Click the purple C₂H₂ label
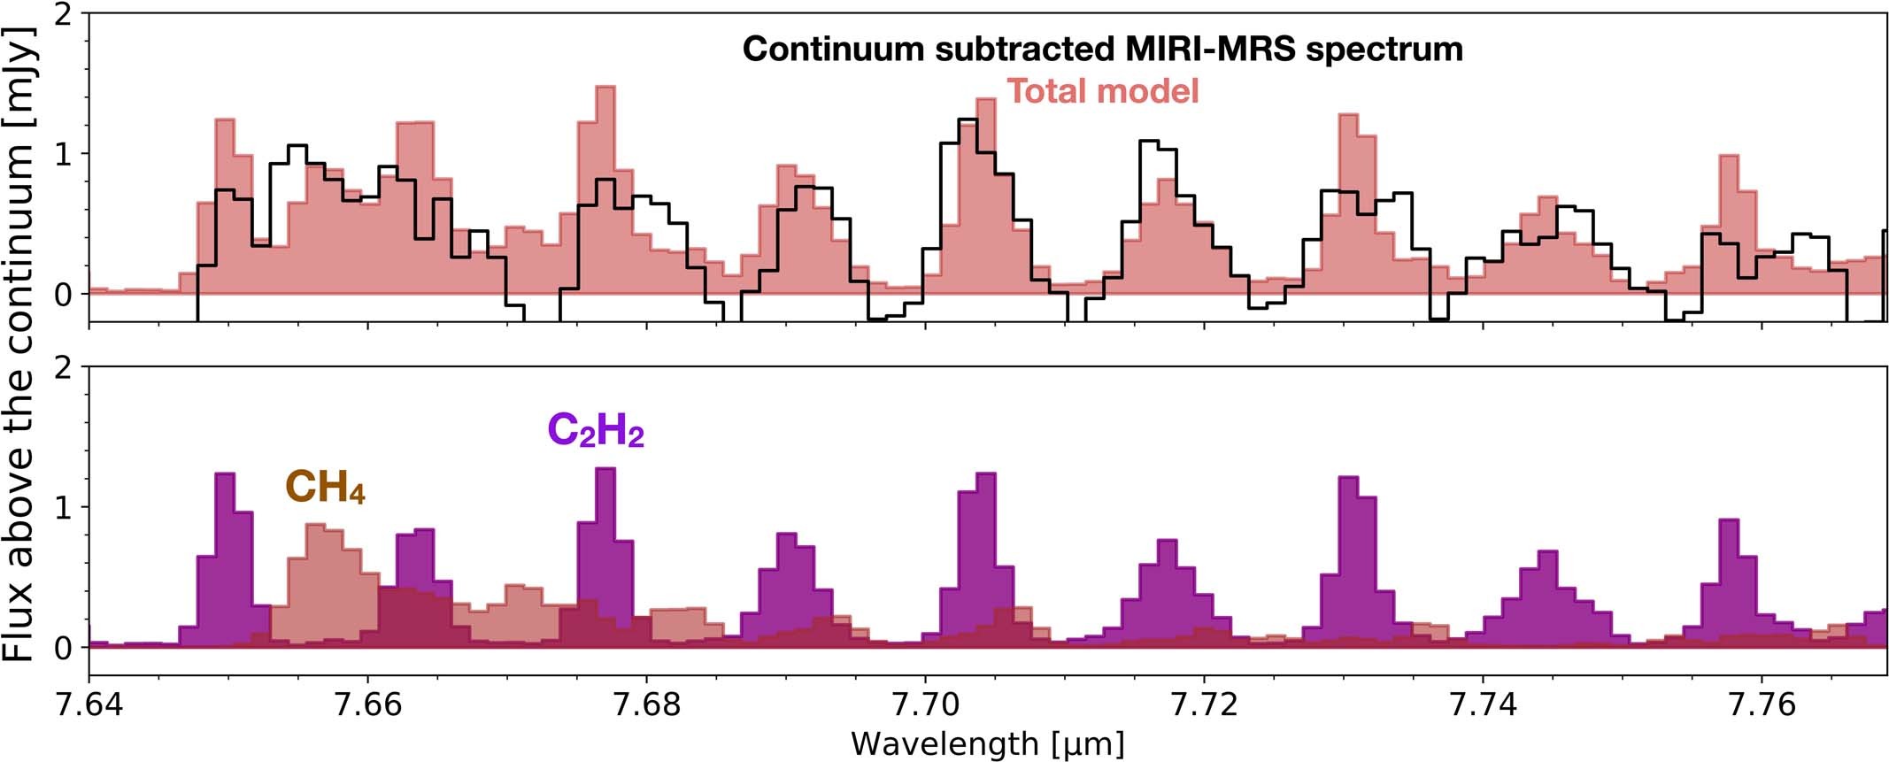pos(595,431)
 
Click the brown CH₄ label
pos(324,488)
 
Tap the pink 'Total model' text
pos(1102,91)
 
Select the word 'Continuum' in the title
pos(833,49)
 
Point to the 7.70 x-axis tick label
pos(925,704)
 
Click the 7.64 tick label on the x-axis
pos(89,704)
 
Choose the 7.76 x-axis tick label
pos(1762,704)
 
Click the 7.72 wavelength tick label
pos(1204,704)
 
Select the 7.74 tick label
pos(1483,704)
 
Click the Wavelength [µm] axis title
pos(987,744)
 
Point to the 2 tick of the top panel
pos(62,16)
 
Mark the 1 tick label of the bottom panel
pos(62,507)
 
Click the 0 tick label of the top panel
pos(62,294)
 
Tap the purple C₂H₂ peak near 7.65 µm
pos(225,531)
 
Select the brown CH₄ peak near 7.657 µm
pos(316,566)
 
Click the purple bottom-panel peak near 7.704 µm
pos(985,531)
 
